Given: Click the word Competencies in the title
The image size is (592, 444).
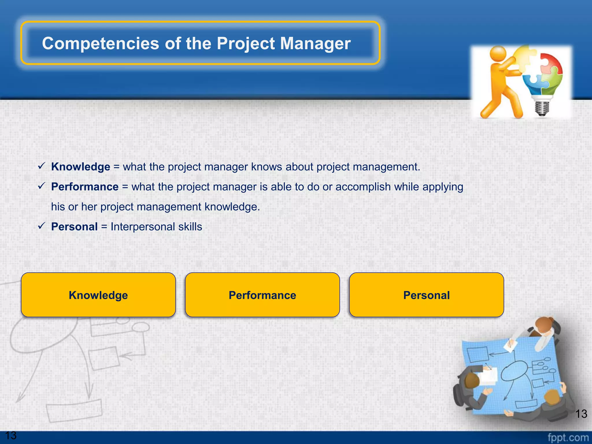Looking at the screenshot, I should [x=100, y=43].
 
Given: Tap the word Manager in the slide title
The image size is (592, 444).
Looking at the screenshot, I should [x=315, y=43].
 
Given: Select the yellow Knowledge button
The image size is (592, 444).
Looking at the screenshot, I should [x=98, y=295].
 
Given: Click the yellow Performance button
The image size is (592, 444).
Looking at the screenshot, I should [x=262, y=295].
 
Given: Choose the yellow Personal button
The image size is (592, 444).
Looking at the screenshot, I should [x=426, y=295].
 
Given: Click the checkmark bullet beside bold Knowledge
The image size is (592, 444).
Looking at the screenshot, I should [x=42, y=166].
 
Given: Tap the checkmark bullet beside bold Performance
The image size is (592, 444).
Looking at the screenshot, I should [x=42, y=186].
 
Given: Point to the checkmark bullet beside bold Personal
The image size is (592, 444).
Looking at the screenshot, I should [x=42, y=226].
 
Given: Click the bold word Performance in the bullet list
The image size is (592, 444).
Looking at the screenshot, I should [x=85, y=187].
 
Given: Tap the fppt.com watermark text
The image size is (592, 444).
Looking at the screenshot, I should [x=568, y=438].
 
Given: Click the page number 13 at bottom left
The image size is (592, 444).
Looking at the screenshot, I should [x=11, y=435].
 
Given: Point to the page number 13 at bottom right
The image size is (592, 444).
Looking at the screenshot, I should [x=581, y=414].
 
